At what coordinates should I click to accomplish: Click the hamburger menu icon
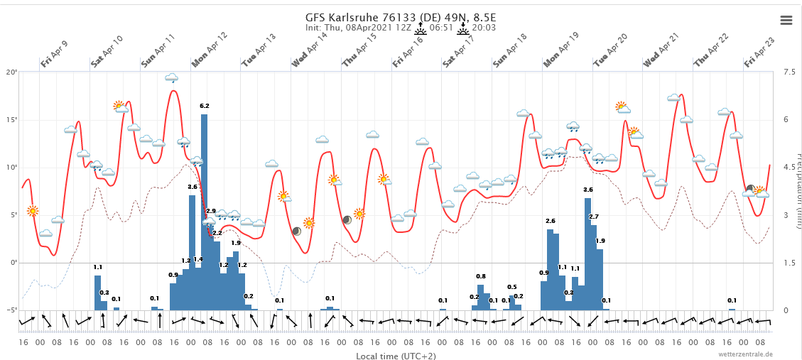[x=786, y=20]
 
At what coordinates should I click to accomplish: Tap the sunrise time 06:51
[x=440, y=28]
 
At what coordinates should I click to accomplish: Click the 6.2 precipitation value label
[x=205, y=106]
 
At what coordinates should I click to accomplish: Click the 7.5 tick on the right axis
[x=789, y=72]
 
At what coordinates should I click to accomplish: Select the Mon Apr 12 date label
[x=209, y=50]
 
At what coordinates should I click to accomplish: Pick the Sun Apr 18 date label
[x=510, y=50]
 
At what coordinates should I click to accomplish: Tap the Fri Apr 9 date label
[x=54, y=54]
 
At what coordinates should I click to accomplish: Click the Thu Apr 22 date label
[x=711, y=50]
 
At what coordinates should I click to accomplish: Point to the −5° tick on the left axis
[x=11, y=310]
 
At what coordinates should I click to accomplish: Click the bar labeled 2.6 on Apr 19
[x=550, y=270]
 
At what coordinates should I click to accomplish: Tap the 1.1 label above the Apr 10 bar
[x=97, y=268]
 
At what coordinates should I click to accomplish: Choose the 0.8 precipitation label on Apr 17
[x=481, y=276]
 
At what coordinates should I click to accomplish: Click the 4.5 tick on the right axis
[x=789, y=168]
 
